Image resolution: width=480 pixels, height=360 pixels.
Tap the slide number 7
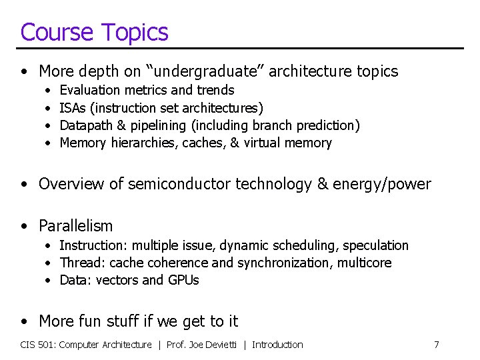tap(436, 345)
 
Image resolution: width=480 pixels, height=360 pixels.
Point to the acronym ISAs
tap(72, 107)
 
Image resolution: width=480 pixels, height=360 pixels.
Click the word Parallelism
tap(76, 226)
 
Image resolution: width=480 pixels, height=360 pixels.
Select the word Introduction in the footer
tap(277, 345)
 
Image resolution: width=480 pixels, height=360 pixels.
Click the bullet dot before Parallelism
tap(25, 227)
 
